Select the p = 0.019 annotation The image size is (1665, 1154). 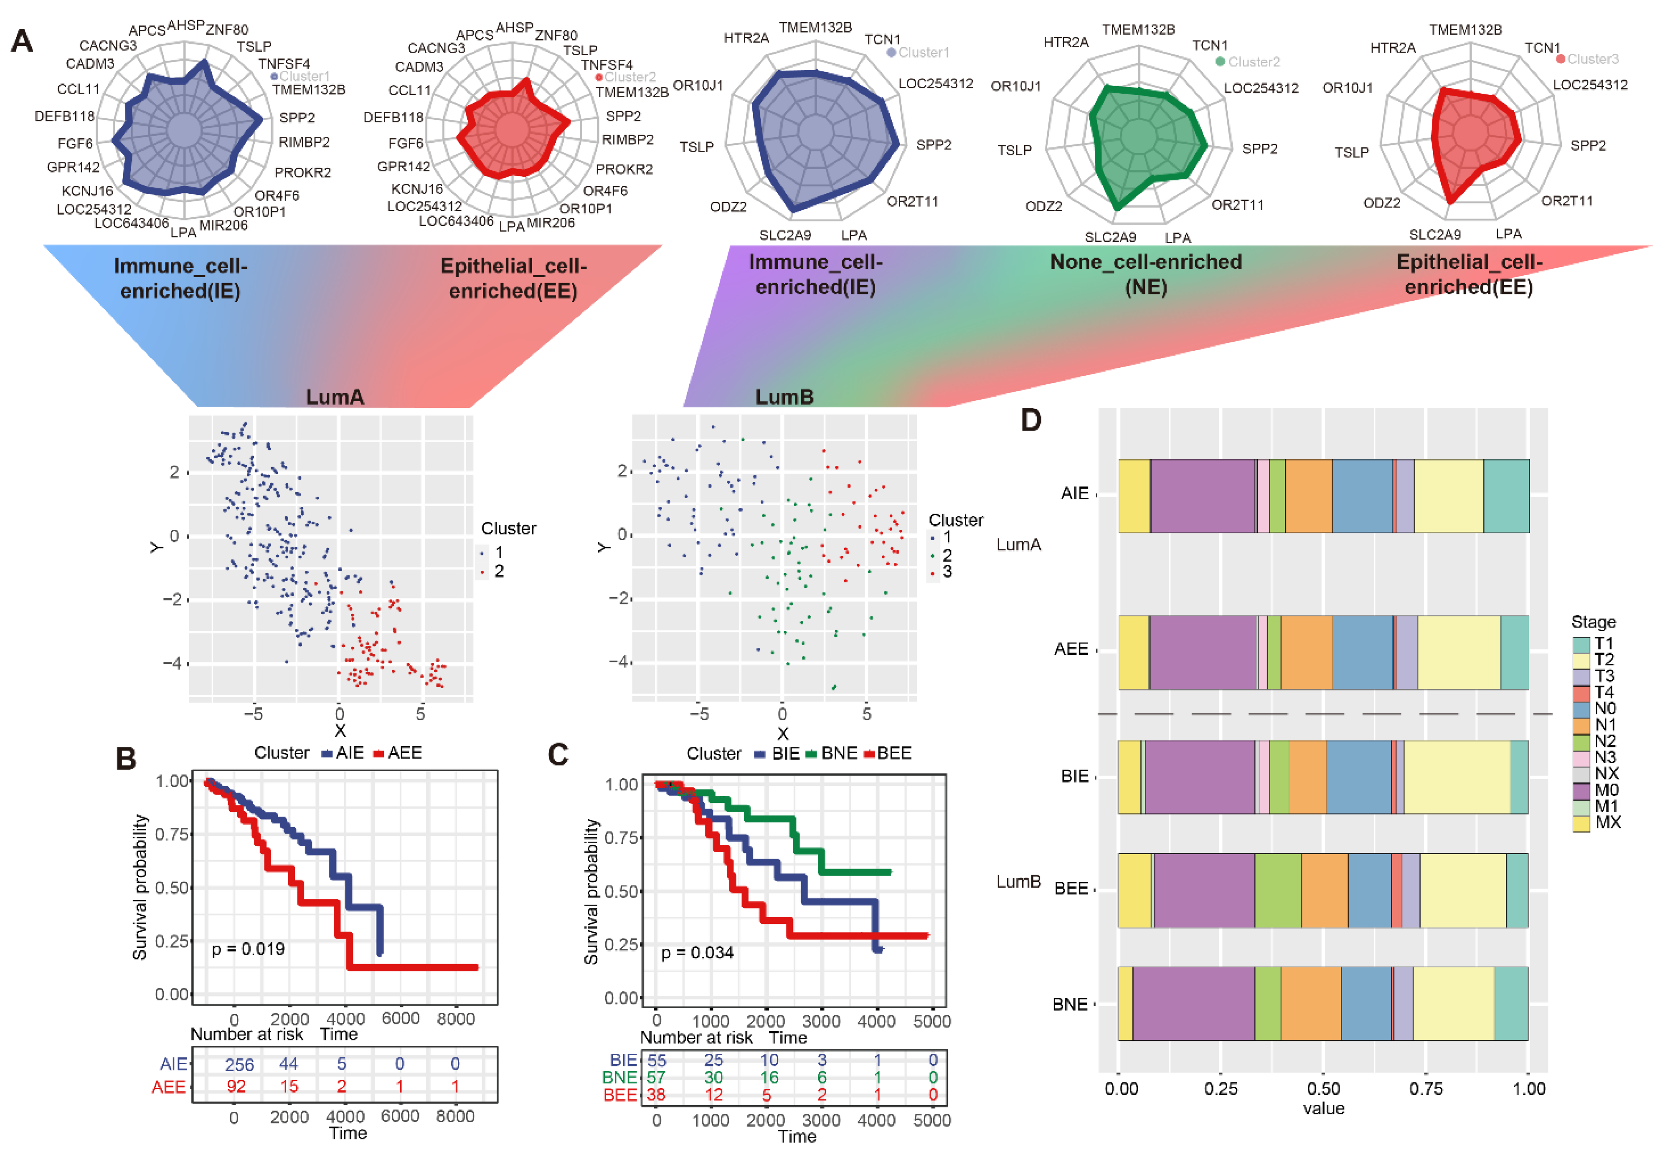coord(248,949)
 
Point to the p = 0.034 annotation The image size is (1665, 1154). coord(697,952)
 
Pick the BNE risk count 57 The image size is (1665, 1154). coord(656,1077)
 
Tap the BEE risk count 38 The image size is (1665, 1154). coord(656,1095)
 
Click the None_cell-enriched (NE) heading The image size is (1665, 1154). coord(1146,273)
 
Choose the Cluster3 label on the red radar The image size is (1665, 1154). coord(1592,59)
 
